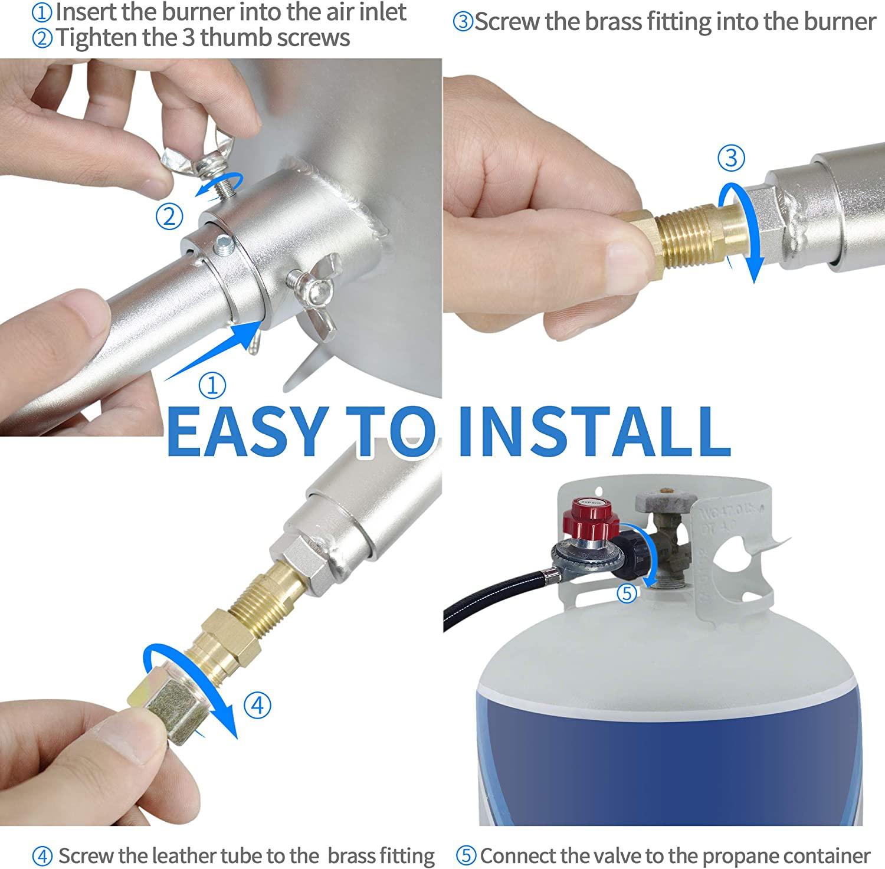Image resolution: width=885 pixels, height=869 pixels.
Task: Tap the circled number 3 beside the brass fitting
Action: [x=732, y=158]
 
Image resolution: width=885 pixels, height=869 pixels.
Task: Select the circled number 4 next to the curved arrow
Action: [x=257, y=705]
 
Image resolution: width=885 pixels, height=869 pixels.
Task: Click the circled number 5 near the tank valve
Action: [x=627, y=593]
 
